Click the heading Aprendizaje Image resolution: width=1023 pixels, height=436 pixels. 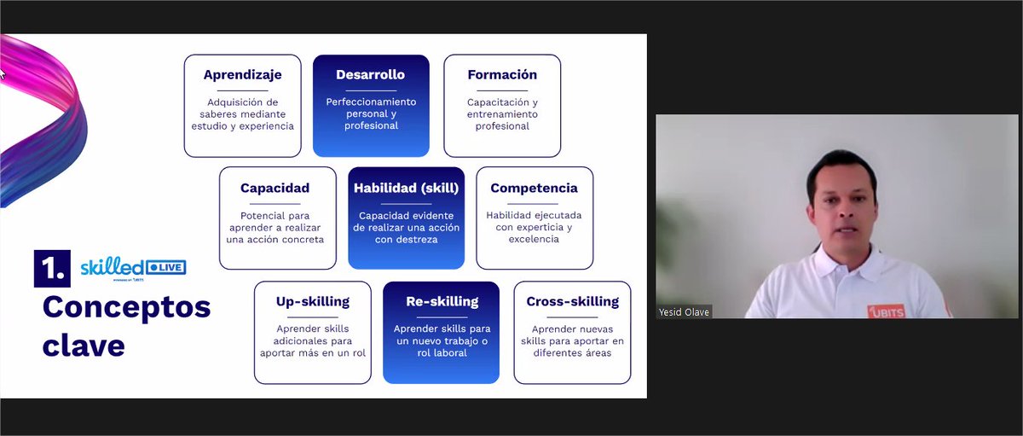click(x=242, y=75)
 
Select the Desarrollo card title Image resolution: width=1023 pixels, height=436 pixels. click(x=370, y=75)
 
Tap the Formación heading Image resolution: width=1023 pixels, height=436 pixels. click(x=502, y=75)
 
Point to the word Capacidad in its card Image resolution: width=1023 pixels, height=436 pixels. click(x=275, y=188)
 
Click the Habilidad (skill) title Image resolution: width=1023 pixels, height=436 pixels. click(x=406, y=188)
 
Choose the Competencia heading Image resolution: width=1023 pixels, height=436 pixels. click(x=534, y=188)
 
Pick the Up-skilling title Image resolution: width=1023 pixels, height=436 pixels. click(x=312, y=301)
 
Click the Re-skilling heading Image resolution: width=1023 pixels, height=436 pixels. click(x=442, y=301)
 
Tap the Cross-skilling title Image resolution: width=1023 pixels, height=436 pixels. click(x=572, y=301)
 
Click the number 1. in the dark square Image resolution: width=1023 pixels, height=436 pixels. click(x=51, y=270)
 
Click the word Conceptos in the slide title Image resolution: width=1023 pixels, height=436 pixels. click(x=126, y=307)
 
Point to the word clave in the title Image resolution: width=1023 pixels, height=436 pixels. click(x=84, y=345)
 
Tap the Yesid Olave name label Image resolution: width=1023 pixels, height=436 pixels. click(x=684, y=312)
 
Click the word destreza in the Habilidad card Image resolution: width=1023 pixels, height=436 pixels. click(x=406, y=241)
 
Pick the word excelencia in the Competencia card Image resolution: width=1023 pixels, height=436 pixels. click(x=534, y=240)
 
